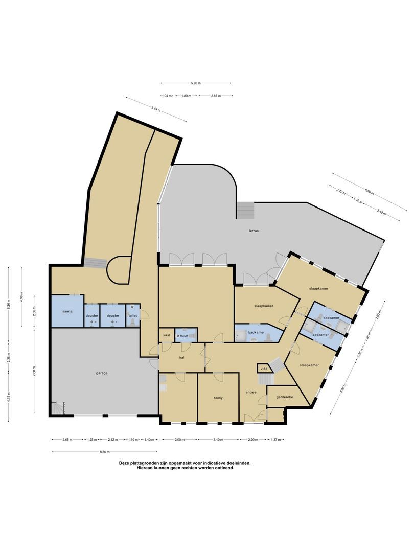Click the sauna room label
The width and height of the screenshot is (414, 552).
click(x=67, y=311)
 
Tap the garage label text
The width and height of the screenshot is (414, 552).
click(x=101, y=373)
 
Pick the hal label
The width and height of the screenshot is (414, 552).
click(x=181, y=358)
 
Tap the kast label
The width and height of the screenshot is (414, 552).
click(x=166, y=335)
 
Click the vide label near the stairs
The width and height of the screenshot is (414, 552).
click(x=264, y=368)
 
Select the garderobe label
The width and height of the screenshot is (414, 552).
click(x=284, y=397)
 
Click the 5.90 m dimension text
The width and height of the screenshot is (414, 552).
click(x=196, y=83)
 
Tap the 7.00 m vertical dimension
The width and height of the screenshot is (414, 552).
click(x=34, y=370)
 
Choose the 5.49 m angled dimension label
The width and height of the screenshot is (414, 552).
click(x=156, y=108)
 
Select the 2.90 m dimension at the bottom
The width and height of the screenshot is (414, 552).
click(x=179, y=440)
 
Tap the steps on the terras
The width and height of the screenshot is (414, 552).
click(x=245, y=209)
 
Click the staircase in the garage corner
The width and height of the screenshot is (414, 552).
click(x=57, y=408)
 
